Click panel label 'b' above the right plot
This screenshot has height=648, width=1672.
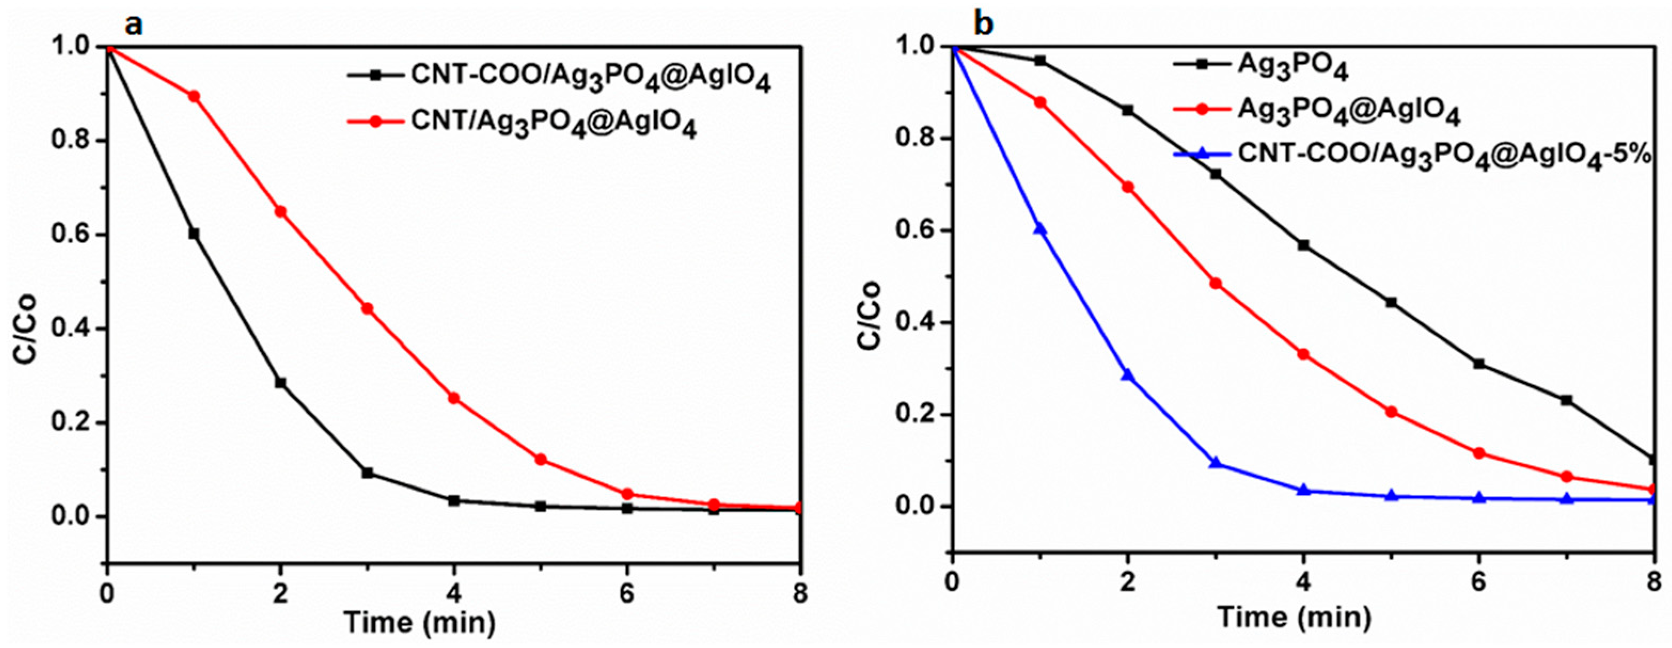(x=983, y=25)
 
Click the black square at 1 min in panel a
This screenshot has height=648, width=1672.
(x=193, y=234)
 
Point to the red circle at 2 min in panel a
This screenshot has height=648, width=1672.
(x=280, y=211)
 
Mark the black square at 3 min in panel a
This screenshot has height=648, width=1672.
(x=367, y=473)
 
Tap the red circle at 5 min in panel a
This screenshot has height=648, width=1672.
(x=541, y=460)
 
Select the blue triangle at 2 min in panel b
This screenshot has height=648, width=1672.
(x=1128, y=375)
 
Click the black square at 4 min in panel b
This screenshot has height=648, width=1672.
(x=1303, y=245)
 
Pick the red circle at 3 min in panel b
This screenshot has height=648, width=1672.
(x=1216, y=283)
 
